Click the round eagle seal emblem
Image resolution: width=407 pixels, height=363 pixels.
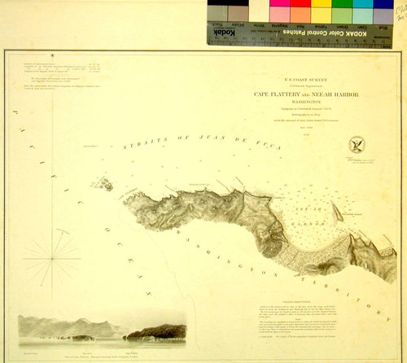(x=356, y=144)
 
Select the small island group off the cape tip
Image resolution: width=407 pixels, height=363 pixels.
(x=105, y=185)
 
